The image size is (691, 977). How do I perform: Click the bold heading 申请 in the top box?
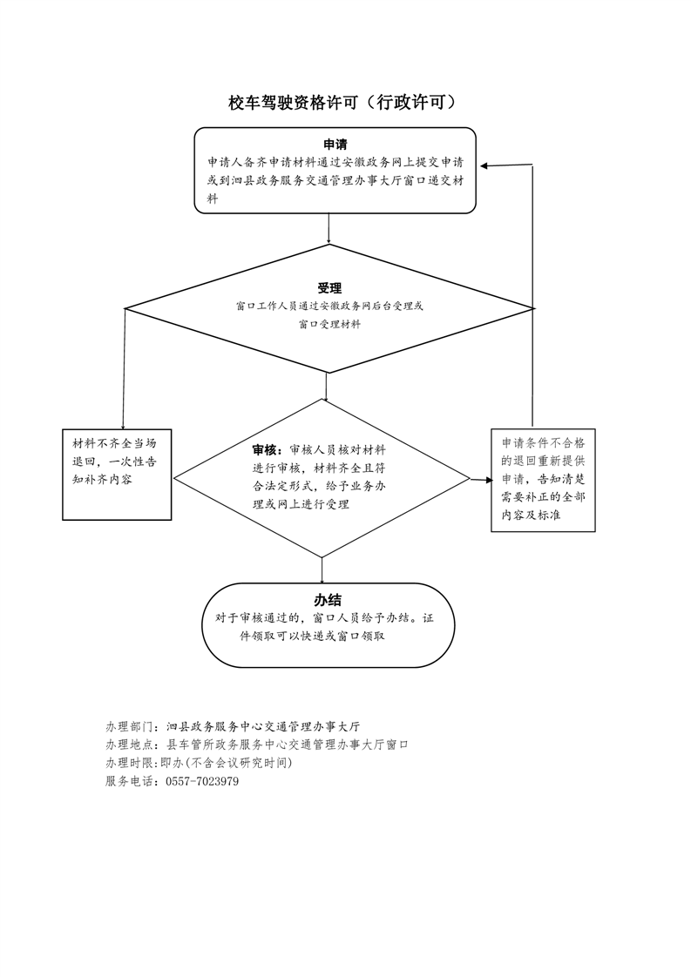tap(335, 145)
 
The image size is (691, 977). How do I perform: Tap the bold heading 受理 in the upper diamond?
tap(329, 288)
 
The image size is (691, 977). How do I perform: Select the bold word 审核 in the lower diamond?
tap(264, 450)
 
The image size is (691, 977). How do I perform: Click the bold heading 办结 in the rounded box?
tap(328, 600)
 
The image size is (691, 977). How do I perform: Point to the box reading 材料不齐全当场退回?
tap(117, 475)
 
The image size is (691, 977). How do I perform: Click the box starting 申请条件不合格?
tap(543, 480)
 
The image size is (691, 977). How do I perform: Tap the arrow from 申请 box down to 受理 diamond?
tap(329, 229)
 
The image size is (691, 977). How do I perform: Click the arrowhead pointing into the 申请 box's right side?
tap(484, 165)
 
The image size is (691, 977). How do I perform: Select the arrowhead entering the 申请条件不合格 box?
tap(486, 481)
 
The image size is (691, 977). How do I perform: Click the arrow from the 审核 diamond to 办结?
tap(322, 570)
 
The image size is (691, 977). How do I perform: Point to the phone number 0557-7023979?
tap(202, 781)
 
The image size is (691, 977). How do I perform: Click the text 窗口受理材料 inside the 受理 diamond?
tap(329, 325)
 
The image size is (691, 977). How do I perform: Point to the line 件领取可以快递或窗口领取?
tap(313, 637)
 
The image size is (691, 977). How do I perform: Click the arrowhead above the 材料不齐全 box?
tap(124, 426)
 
